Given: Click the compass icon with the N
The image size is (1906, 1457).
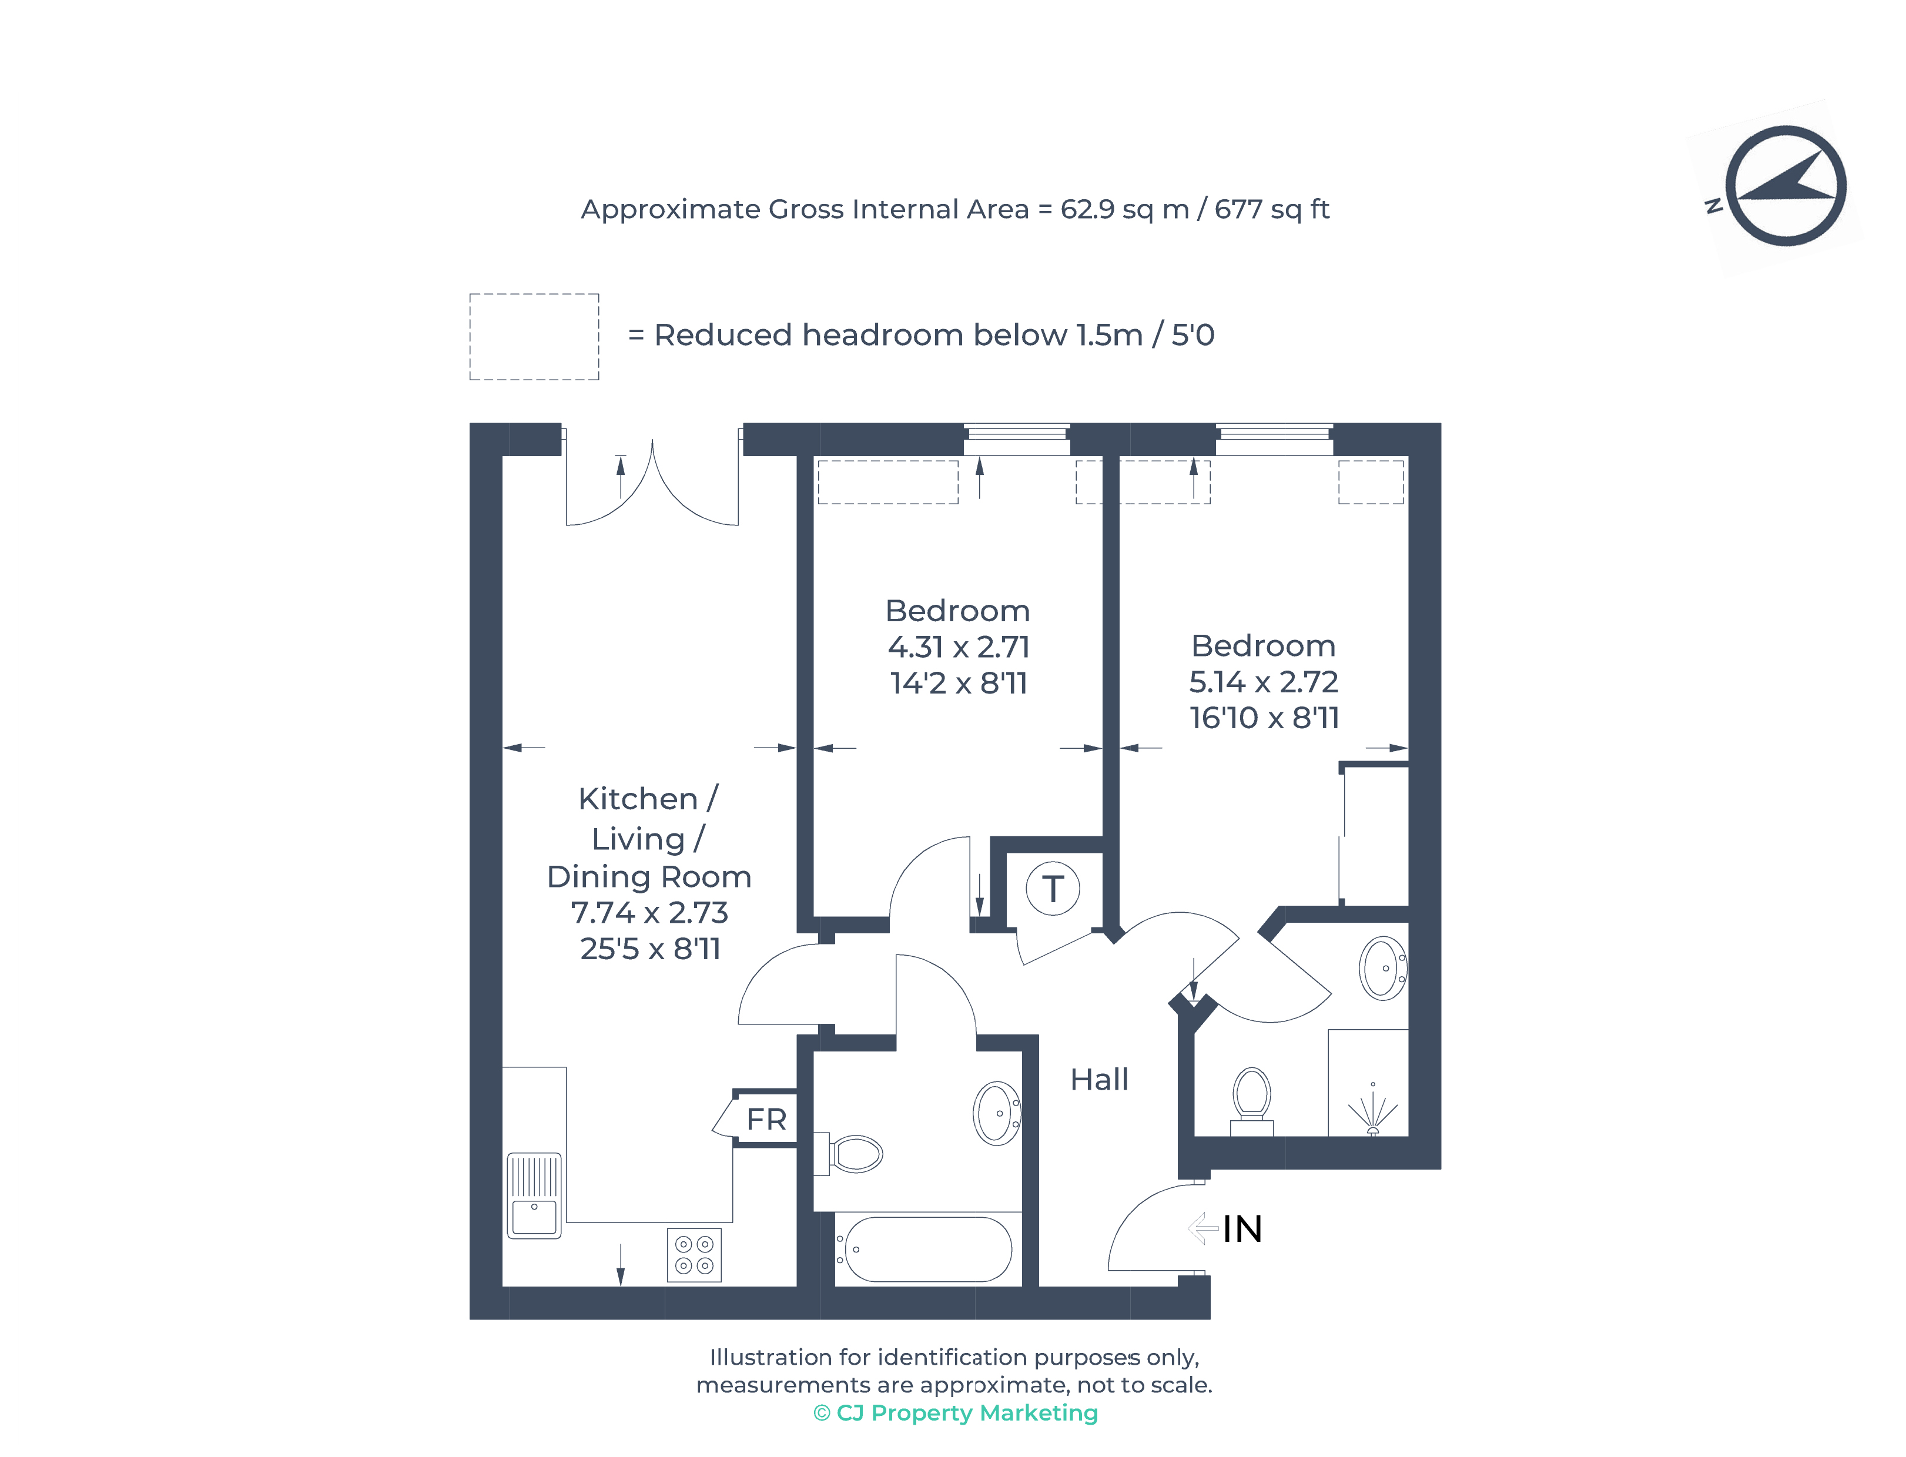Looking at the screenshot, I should pyautogui.click(x=1784, y=186).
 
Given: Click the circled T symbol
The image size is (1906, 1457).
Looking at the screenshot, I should pyautogui.click(x=1052, y=888).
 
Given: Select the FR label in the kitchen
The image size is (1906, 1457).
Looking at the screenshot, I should pyautogui.click(x=766, y=1120).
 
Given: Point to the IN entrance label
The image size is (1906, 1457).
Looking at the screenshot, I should pyautogui.click(x=1242, y=1229).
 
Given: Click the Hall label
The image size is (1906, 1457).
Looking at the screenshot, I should pyautogui.click(x=1098, y=1080).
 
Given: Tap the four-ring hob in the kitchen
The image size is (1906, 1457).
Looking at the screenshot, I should pyautogui.click(x=694, y=1255).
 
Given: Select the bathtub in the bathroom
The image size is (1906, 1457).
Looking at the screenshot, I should pyautogui.click(x=927, y=1249).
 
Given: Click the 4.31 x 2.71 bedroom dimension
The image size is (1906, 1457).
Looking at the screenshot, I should pyautogui.click(x=957, y=647).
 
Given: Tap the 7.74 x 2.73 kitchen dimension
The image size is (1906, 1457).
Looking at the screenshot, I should pyautogui.click(x=649, y=912).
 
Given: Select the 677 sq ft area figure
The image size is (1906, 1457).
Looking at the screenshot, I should pyautogui.click(x=1271, y=209).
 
